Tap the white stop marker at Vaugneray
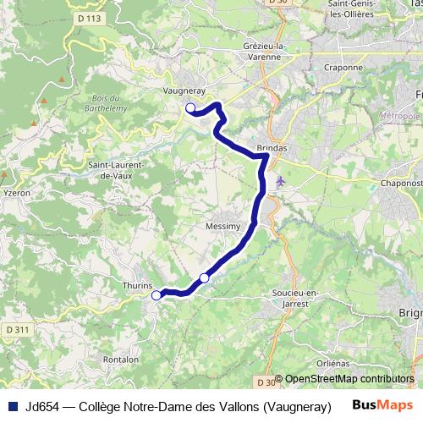pyautogui.click(x=190, y=107)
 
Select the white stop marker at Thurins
pyautogui.click(x=156, y=295)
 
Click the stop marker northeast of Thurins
pyautogui.click(x=204, y=277)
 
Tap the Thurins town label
pyautogui.click(x=137, y=286)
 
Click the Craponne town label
pyautogui.click(x=343, y=67)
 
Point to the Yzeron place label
pyautogui.click(x=17, y=192)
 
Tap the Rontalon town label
pyautogui.click(x=121, y=359)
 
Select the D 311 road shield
pyautogui.click(x=18, y=328)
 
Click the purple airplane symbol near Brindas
pyautogui.click(x=281, y=180)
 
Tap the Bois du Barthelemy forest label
pyautogui.click(x=107, y=103)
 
